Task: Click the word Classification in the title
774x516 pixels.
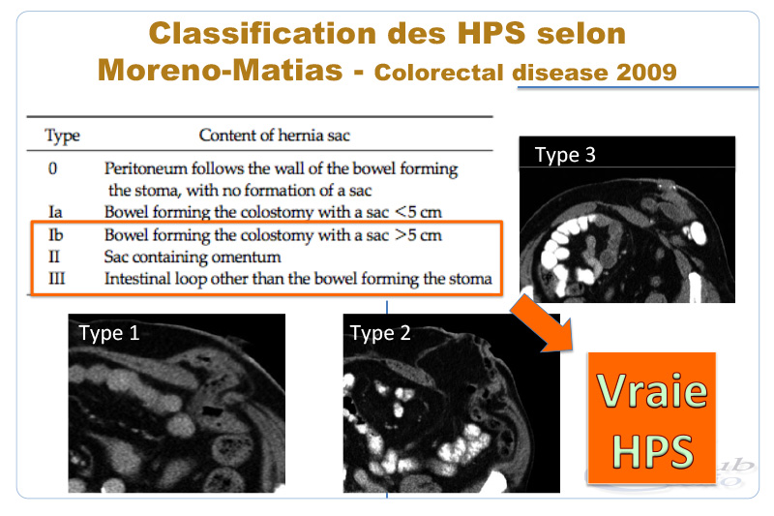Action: point(262,34)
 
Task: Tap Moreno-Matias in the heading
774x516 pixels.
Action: point(221,70)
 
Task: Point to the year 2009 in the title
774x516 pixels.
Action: point(646,73)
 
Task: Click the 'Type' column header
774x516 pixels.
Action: point(62,136)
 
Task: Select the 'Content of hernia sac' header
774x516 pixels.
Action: point(275,136)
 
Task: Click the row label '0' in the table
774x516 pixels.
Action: point(53,168)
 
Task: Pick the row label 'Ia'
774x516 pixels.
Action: point(55,212)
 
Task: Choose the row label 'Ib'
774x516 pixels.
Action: point(56,234)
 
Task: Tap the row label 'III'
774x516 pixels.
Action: point(57,279)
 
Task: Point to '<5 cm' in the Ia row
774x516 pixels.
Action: point(418,212)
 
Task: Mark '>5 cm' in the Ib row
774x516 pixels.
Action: point(418,235)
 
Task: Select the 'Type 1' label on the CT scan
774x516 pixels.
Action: point(109,333)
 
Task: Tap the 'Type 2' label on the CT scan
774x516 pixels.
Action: point(380,333)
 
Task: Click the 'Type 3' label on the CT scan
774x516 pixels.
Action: point(565,155)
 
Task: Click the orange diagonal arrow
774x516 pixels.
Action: point(543,324)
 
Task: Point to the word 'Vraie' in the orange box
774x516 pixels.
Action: point(651,390)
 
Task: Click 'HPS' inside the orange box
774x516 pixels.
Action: point(652,451)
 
